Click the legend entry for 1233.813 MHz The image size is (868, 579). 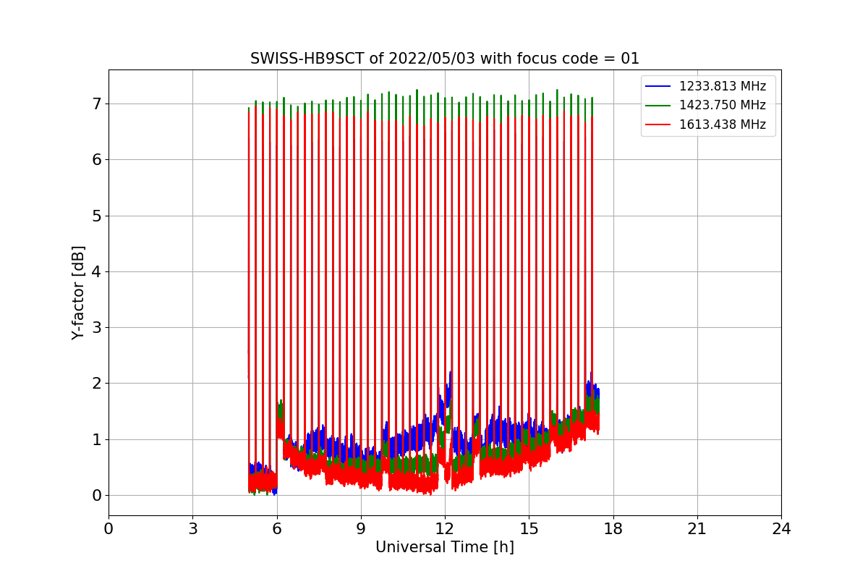click(722, 86)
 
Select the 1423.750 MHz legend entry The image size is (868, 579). click(722, 105)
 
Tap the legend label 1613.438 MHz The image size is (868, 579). click(722, 124)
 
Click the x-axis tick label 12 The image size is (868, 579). click(445, 529)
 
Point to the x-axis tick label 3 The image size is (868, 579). click(192, 529)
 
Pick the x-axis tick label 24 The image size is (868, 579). click(781, 529)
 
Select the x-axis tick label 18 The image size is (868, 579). click(613, 529)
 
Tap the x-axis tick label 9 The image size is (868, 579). click(361, 529)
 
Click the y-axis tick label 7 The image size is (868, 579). click(96, 104)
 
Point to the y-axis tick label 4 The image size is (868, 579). click(96, 272)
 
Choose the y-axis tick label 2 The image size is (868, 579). click(96, 384)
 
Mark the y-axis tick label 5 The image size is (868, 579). click(96, 216)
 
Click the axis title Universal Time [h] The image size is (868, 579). click(445, 548)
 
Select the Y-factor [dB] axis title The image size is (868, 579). click(78, 292)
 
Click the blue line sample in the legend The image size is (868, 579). click(659, 86)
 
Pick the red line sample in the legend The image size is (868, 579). click(659, 124)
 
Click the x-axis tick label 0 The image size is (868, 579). click(109, 529)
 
